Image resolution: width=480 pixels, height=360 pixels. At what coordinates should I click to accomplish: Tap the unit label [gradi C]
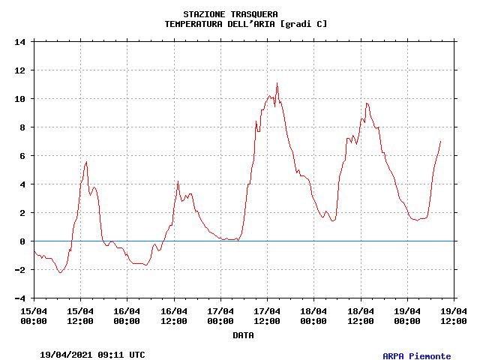303,24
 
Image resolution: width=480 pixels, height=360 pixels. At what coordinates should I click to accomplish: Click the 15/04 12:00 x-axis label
80,316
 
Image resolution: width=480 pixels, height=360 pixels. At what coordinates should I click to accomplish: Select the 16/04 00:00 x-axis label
127,316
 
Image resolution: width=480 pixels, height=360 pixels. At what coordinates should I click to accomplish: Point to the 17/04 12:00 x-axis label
267,316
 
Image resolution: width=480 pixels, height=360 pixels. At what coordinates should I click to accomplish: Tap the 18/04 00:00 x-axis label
313,316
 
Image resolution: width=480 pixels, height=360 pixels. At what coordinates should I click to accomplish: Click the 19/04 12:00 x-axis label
453,316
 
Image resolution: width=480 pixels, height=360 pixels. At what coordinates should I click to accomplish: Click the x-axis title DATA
243,335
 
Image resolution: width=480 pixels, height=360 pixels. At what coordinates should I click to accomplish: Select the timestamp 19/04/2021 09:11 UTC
92,355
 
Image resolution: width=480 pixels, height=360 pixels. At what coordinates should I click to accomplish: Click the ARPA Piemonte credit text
416,356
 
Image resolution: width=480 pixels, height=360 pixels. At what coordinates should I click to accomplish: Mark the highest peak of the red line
277,83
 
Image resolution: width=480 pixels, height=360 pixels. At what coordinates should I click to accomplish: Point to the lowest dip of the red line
60,272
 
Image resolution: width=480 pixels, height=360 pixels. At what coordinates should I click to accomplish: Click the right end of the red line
440,141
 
